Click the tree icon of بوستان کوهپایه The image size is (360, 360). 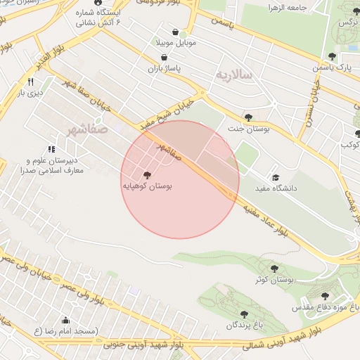[x=146, y=175]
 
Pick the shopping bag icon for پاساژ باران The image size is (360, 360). [x=164, y=58]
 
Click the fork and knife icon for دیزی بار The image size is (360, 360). [x=30, y=82]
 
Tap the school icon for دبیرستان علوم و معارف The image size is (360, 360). [x=51, y=150]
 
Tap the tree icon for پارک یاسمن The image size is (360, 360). [x=332, y=56]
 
